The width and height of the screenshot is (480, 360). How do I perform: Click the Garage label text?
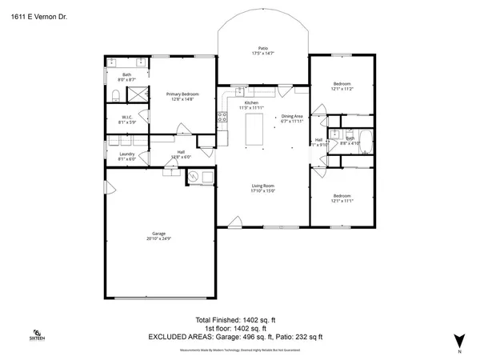[158, 235]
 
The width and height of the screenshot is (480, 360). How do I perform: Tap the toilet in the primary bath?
[116, 96]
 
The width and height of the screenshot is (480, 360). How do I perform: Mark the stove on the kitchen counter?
[222, 118]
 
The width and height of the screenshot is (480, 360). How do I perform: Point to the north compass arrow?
[458, 339]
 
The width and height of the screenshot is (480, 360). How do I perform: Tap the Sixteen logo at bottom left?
[37, 334]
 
